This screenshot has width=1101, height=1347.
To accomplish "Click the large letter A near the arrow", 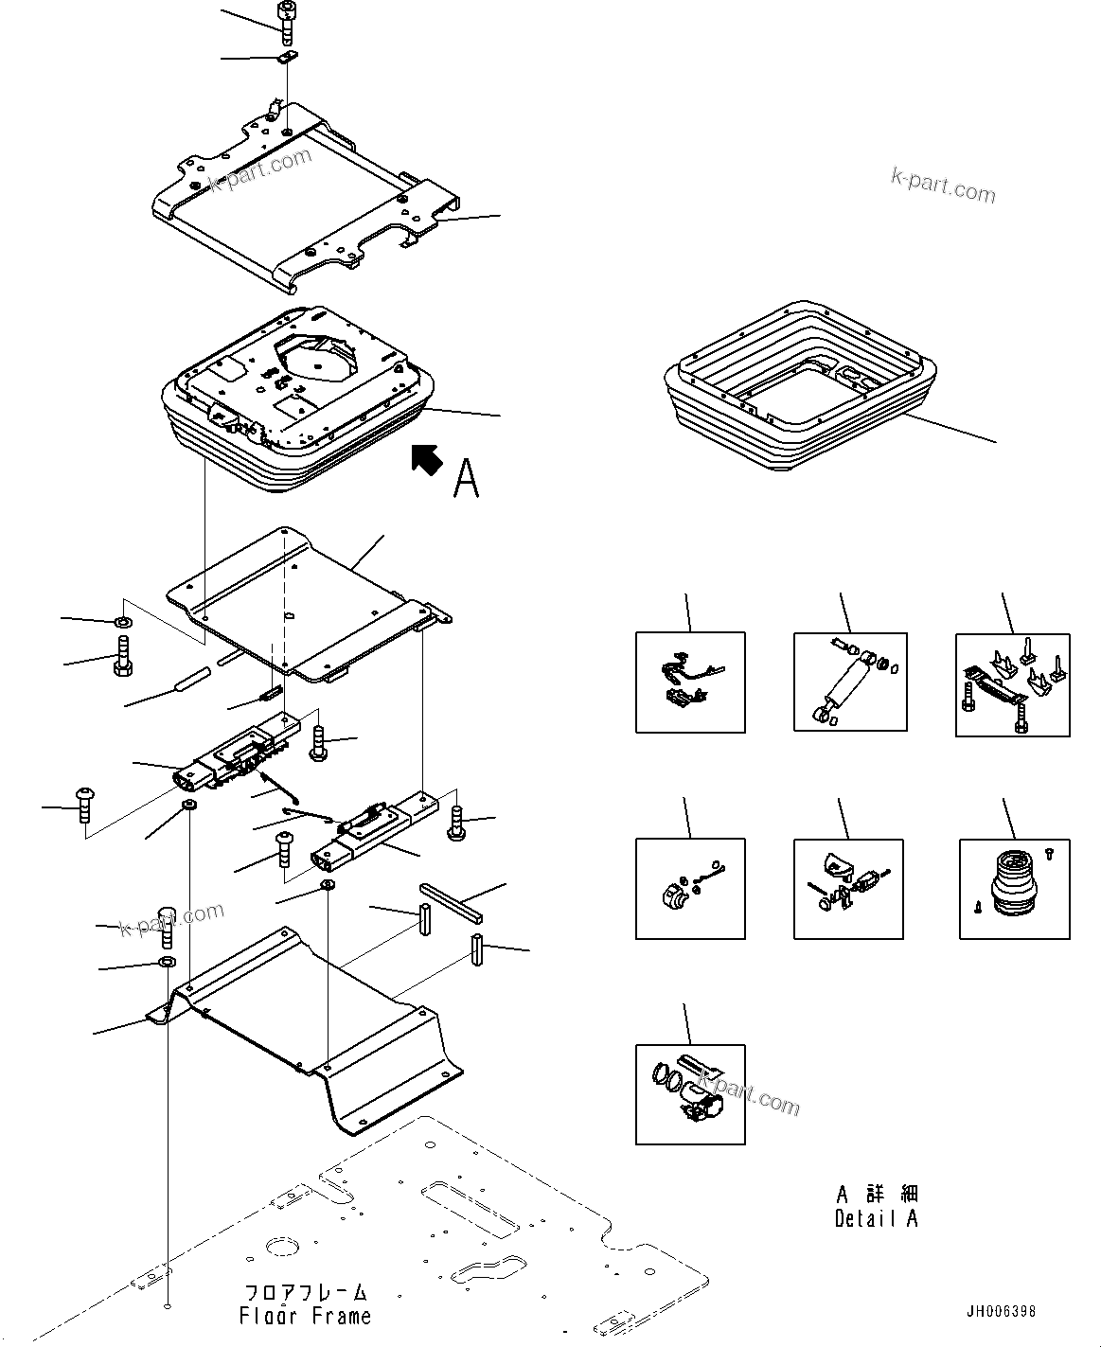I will click(466, 478).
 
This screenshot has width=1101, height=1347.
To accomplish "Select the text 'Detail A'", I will click(876, 1219).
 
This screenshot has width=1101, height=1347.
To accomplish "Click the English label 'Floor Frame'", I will click(305, 1316).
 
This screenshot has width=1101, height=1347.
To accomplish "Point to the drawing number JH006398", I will click(1001, 1312).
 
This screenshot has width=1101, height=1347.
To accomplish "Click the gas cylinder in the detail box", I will click(849, 682).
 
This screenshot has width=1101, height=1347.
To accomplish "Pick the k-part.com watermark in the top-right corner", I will click(943, 186).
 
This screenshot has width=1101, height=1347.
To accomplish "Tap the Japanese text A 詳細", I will click(877, 1195).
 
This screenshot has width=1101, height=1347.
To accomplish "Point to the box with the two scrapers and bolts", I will click(1012, 684).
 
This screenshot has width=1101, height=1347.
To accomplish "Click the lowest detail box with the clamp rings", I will click(689, 1093).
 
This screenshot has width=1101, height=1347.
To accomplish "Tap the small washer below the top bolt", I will click(288, 57).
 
